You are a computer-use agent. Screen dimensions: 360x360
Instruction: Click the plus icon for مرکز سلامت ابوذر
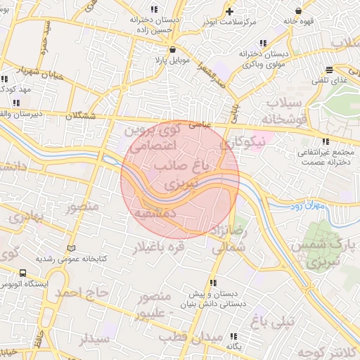tap(229, 11)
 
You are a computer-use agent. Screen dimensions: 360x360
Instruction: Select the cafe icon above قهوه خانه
tap(301, 11)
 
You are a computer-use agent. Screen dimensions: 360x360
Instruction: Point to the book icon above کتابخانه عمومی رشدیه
tap(70, 248)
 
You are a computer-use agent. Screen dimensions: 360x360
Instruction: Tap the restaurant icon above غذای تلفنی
tap(330, 70)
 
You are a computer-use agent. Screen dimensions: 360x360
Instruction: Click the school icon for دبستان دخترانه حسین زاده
tap(153, 11)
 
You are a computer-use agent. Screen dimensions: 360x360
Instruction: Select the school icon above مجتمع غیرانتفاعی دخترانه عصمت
tap(324, 141)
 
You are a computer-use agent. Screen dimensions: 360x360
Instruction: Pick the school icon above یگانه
tap(233, 335)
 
